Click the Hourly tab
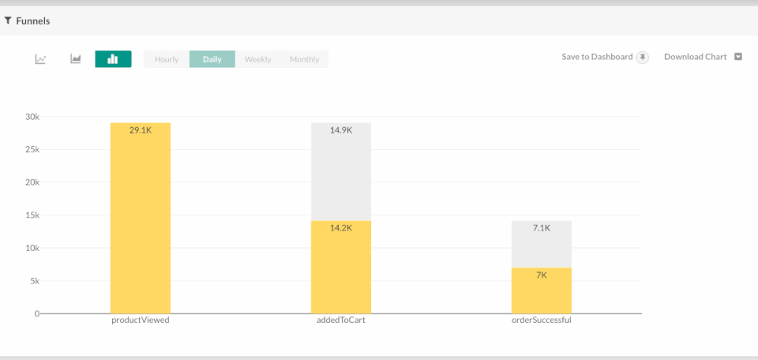click(x=167, y=59)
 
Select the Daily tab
click(x=212, y=59)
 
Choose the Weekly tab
click(x=257, y=59)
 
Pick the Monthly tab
click(x=304, y=59)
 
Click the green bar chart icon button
click(x=113, y=59)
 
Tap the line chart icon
click(x=40, y=59)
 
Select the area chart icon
click(x=76, y=59)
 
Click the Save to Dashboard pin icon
click(x=643, y=57)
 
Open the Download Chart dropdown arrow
click(x=738, y=57)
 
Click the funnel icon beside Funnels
click(x=8, y=21)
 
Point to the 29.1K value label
click(x=141, y=130)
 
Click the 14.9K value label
click(x=341, y=130)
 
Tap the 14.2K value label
click(x=341, y=229)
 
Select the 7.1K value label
click(x=542, y=228)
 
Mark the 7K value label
click(x=542, y=276)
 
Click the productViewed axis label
click(x=141, y=321)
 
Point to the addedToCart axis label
click(x=341, y=321)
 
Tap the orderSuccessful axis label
click(x=542, y=321)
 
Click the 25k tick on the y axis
click(x=31, y=149)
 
